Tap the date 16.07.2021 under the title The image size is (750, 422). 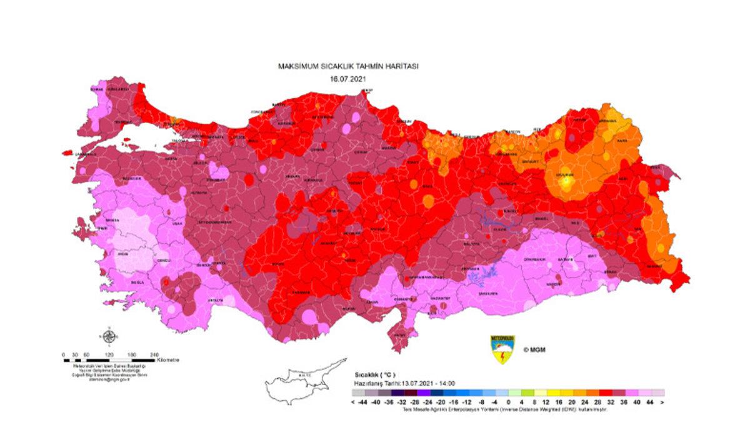pyautogui.click(x=347, y=80)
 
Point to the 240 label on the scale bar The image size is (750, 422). pyautogui.click(x=154, y=354)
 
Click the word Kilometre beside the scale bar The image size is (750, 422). pyautogui.click(x=169, y=360)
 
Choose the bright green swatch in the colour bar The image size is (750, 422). pyautogui.click(x=527, y=394)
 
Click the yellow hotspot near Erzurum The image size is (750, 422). pyautogui.click(x=566, y=183)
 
